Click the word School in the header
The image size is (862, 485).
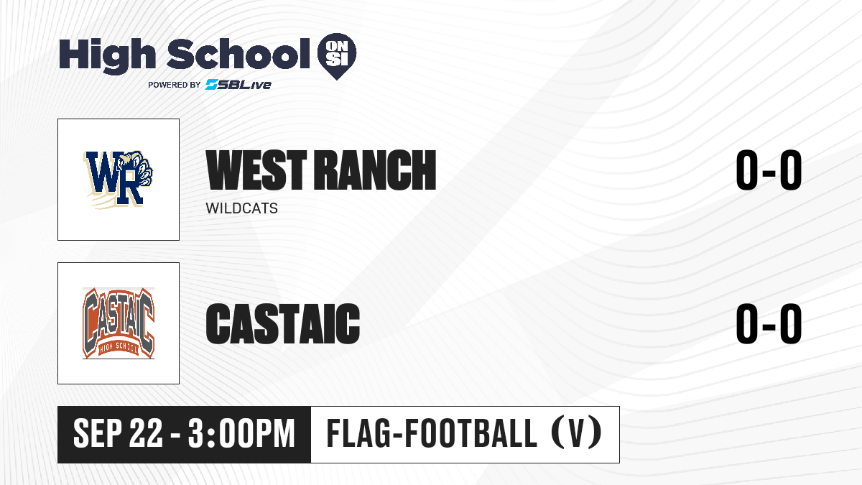(238, 54)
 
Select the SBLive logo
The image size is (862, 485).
(238, 85)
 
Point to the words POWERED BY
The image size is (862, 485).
(175, 85)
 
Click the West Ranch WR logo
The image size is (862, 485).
(119, 180)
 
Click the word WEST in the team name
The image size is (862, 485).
(256, 170)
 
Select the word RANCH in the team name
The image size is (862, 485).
(375, 170)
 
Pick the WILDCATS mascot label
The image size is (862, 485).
(241, 208)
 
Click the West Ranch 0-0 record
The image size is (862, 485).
(769, 170)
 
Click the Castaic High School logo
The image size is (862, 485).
(119, 323)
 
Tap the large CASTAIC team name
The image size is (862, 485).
(283, 323)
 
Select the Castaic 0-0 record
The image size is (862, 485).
(769, 323)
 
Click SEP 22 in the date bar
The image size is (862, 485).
(118, 434)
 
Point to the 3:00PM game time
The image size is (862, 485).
(241, 434)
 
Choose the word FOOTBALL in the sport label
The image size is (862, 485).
(471, 433)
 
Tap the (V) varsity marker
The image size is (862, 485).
(575, 433)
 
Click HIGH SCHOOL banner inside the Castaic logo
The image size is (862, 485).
(119, 347)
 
